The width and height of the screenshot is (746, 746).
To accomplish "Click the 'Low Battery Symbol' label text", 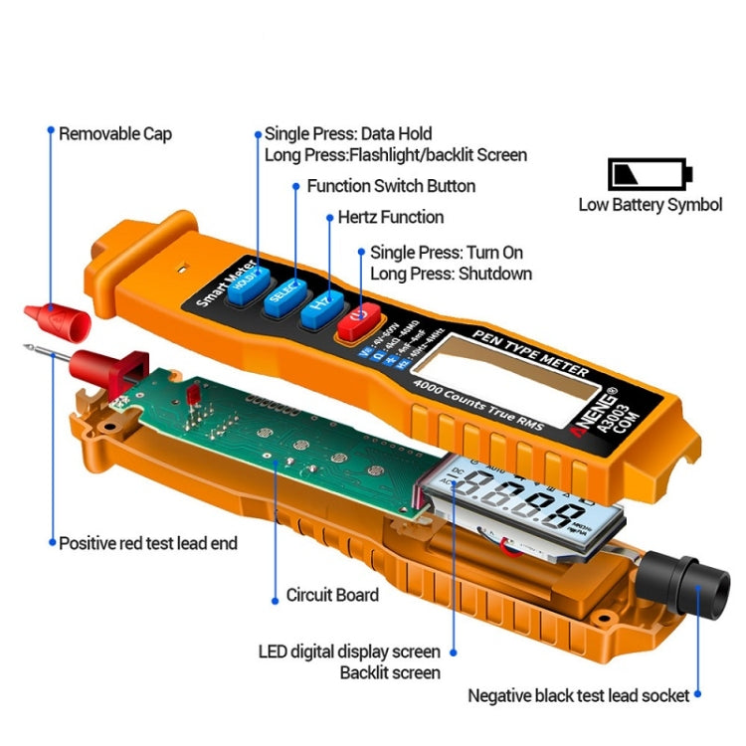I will [x=651, y=206].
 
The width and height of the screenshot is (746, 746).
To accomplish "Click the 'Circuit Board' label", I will [x=332, y=595].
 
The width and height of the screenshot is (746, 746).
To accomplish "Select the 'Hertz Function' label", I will [x=391, y=217].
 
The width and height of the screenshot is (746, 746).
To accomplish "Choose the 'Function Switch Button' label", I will [x=391, y=186].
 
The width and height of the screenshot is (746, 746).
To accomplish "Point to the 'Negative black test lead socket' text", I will [x=578, y=696].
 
